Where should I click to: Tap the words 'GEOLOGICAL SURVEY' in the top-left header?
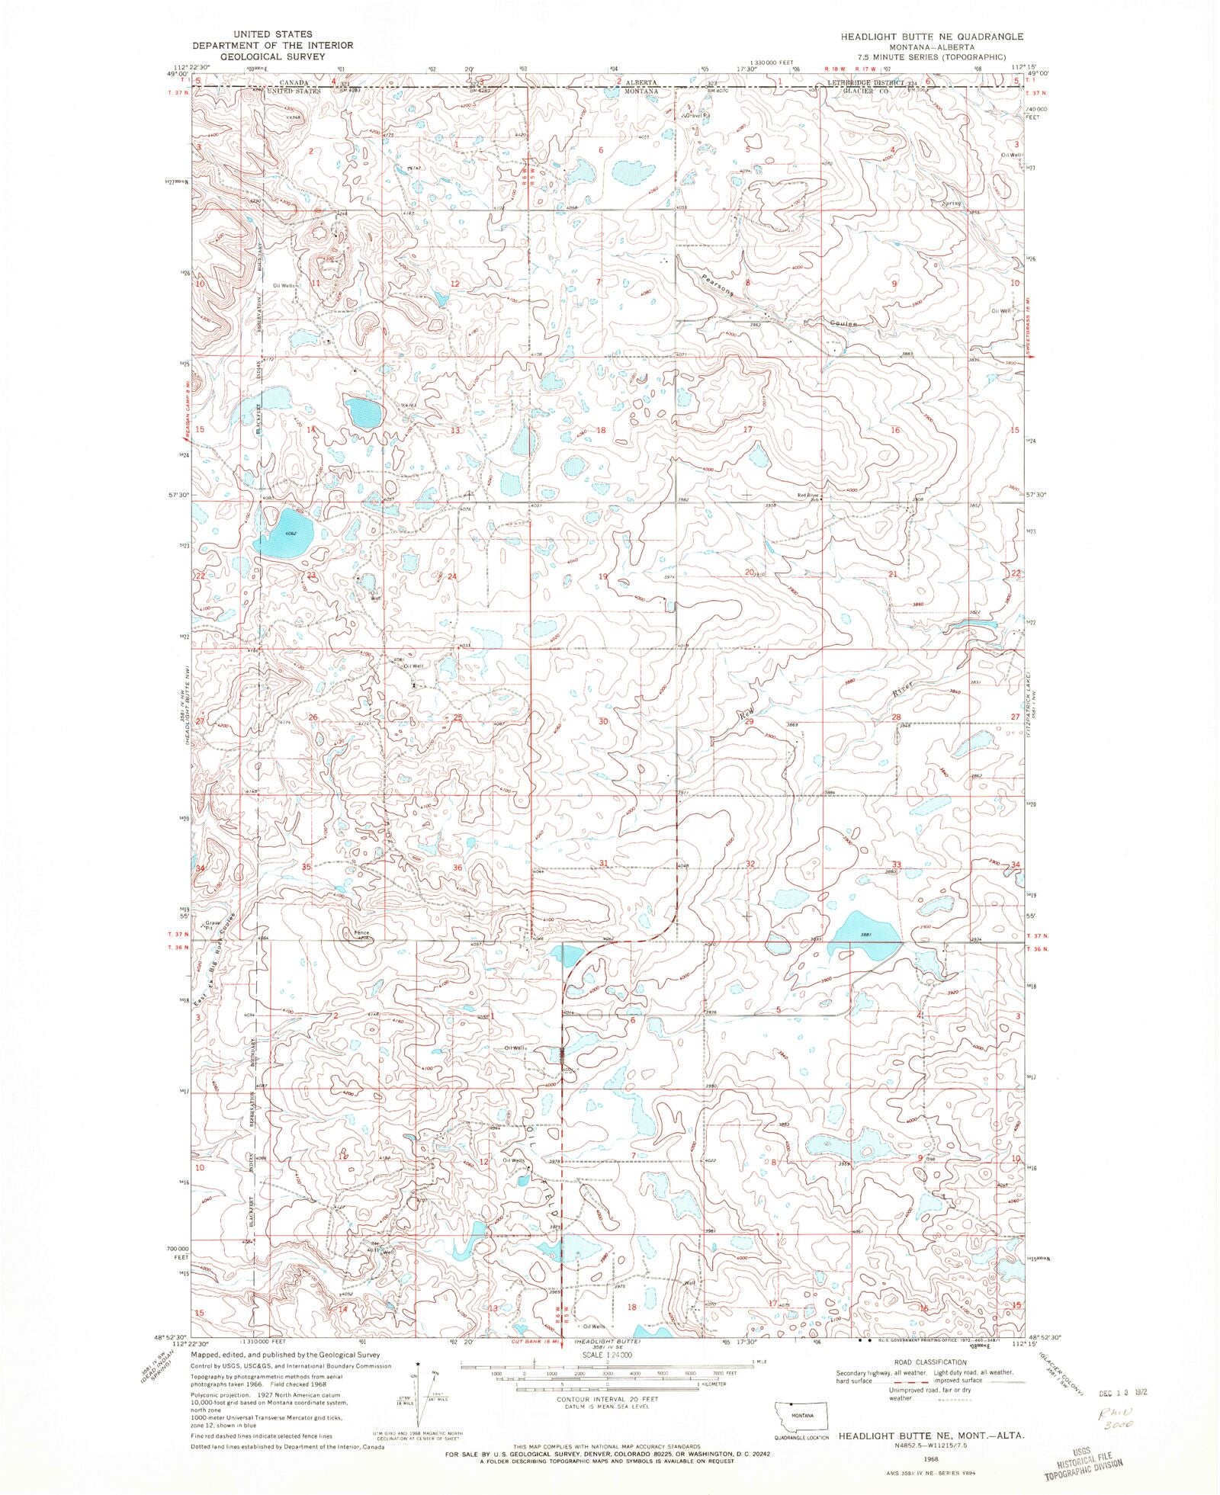coord(272,56)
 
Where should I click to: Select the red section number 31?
coord(603,863)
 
